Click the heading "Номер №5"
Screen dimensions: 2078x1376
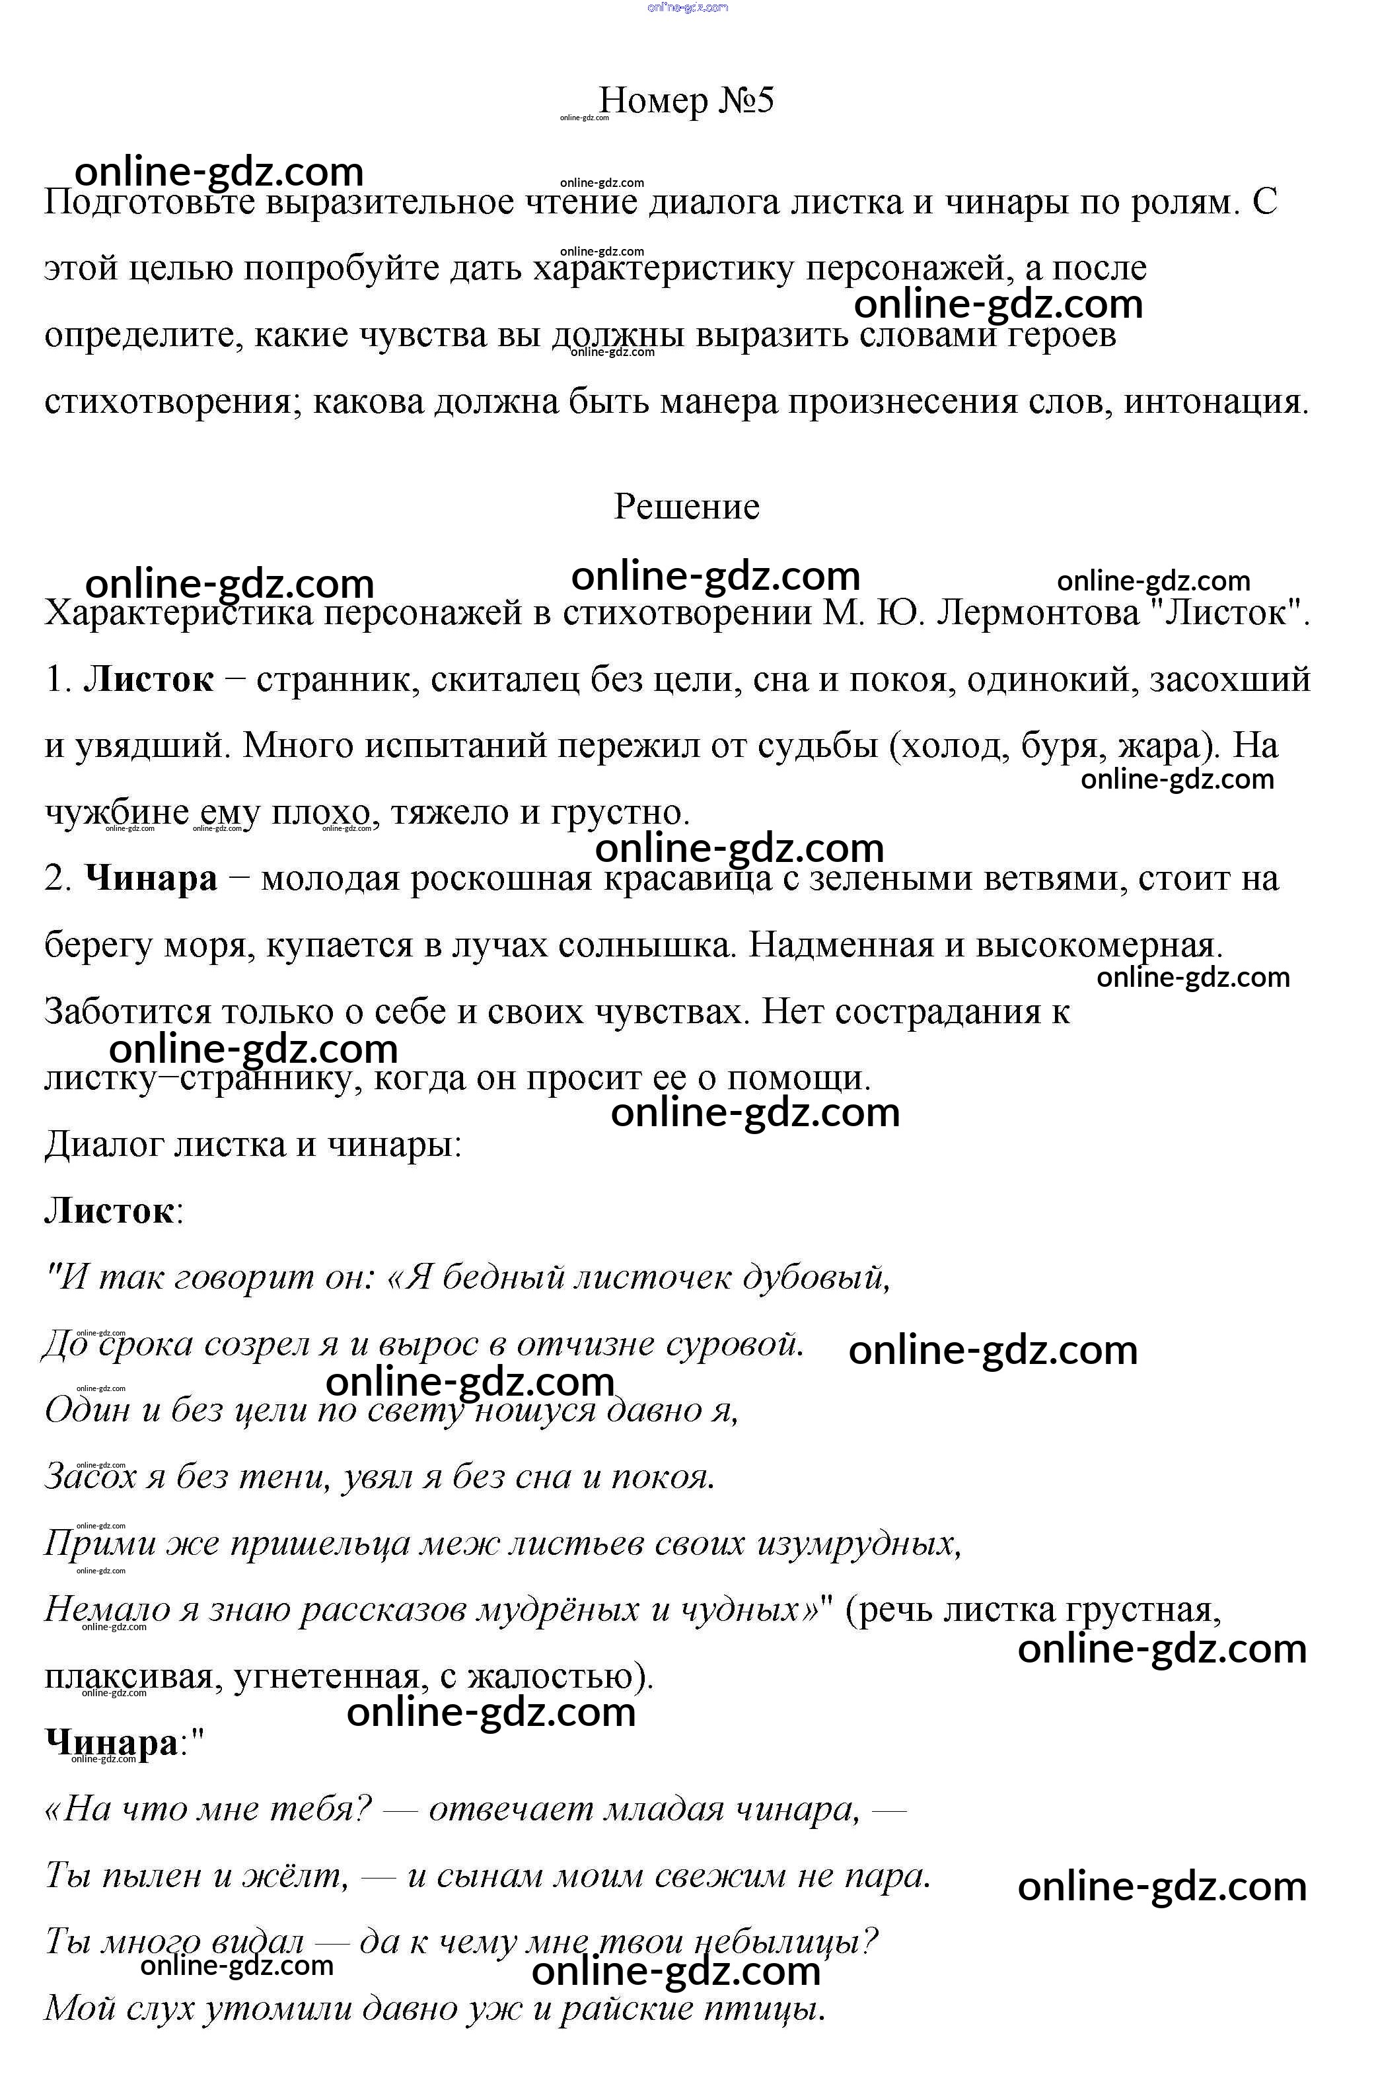click(686, 101)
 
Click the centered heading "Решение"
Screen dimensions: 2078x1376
click(686, 507)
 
